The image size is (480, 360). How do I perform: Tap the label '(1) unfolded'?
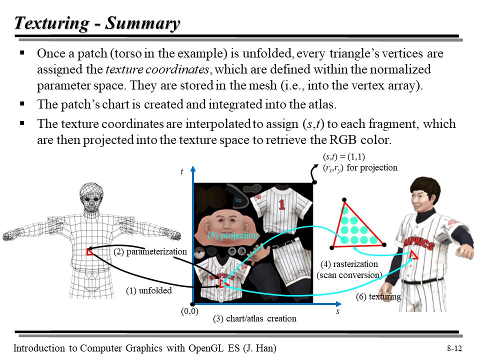coord(148,290)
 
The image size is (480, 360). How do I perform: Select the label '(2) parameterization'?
coord(150,251)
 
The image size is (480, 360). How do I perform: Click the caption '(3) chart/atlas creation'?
coord(254,318)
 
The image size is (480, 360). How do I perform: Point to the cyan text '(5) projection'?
coord(233,235)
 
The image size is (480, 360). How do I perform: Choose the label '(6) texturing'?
coord(378,296)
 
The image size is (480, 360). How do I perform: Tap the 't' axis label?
coord(182,172)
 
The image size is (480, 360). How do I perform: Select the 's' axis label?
coord(337,311)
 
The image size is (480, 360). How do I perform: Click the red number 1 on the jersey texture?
coord(281,204)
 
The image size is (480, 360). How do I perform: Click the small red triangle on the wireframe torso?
coord(89,251)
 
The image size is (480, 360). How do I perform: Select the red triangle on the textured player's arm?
coord(413,256)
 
